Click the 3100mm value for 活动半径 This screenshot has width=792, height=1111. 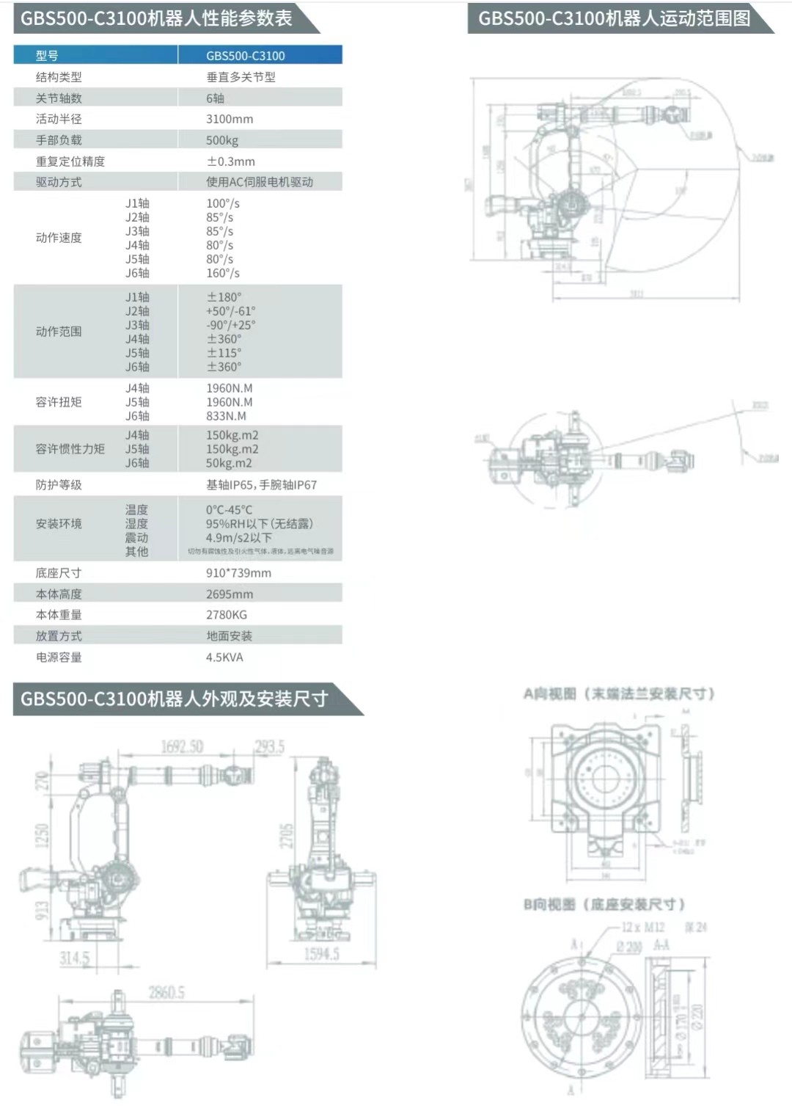pos(230,119)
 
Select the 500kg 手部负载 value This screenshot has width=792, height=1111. pos(222,140)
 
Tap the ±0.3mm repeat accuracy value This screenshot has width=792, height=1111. pos(230,161)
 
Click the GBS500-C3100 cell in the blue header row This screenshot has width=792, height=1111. pos(245,56)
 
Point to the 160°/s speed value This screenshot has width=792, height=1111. pos(223,273)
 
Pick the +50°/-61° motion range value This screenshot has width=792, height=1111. pos(231,311)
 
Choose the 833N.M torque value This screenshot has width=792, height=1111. pos(226,416)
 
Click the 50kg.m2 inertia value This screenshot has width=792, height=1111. pos(229,463)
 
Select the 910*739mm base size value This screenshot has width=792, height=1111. pos(238,573)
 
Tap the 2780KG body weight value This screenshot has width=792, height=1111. pos(227,615)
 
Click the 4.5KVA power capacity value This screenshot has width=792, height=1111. pos(224,658)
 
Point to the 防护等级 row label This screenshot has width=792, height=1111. pos(59,485)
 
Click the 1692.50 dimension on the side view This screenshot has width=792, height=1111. pos(182,747)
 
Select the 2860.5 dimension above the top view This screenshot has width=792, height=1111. pos(166,993)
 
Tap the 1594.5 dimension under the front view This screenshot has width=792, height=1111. pos(321,954)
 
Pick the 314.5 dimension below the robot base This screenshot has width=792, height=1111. pos(74,958)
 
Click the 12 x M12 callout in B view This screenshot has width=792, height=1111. pos(642,928)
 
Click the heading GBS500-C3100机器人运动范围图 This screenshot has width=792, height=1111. pos(614,18)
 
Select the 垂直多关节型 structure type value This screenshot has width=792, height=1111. pos(241,77)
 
